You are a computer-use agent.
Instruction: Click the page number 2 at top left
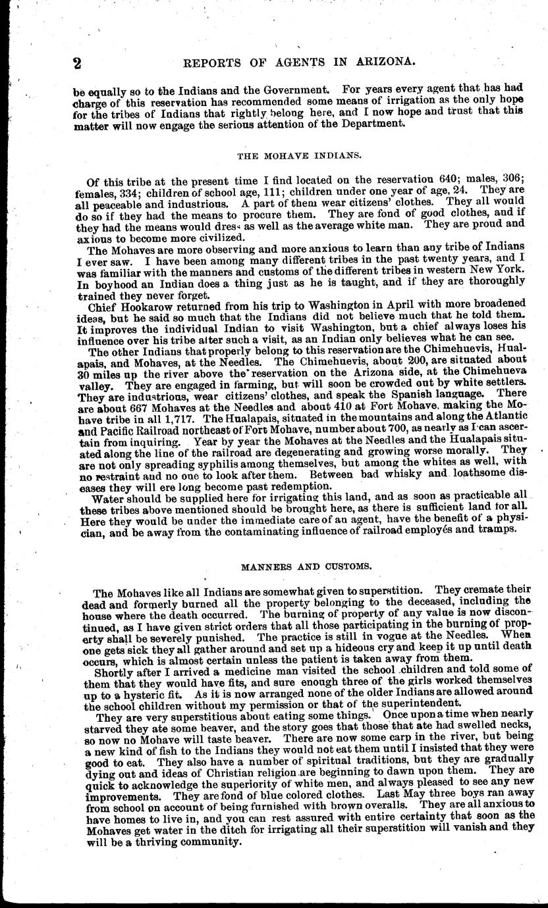click(x=77, y=63)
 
